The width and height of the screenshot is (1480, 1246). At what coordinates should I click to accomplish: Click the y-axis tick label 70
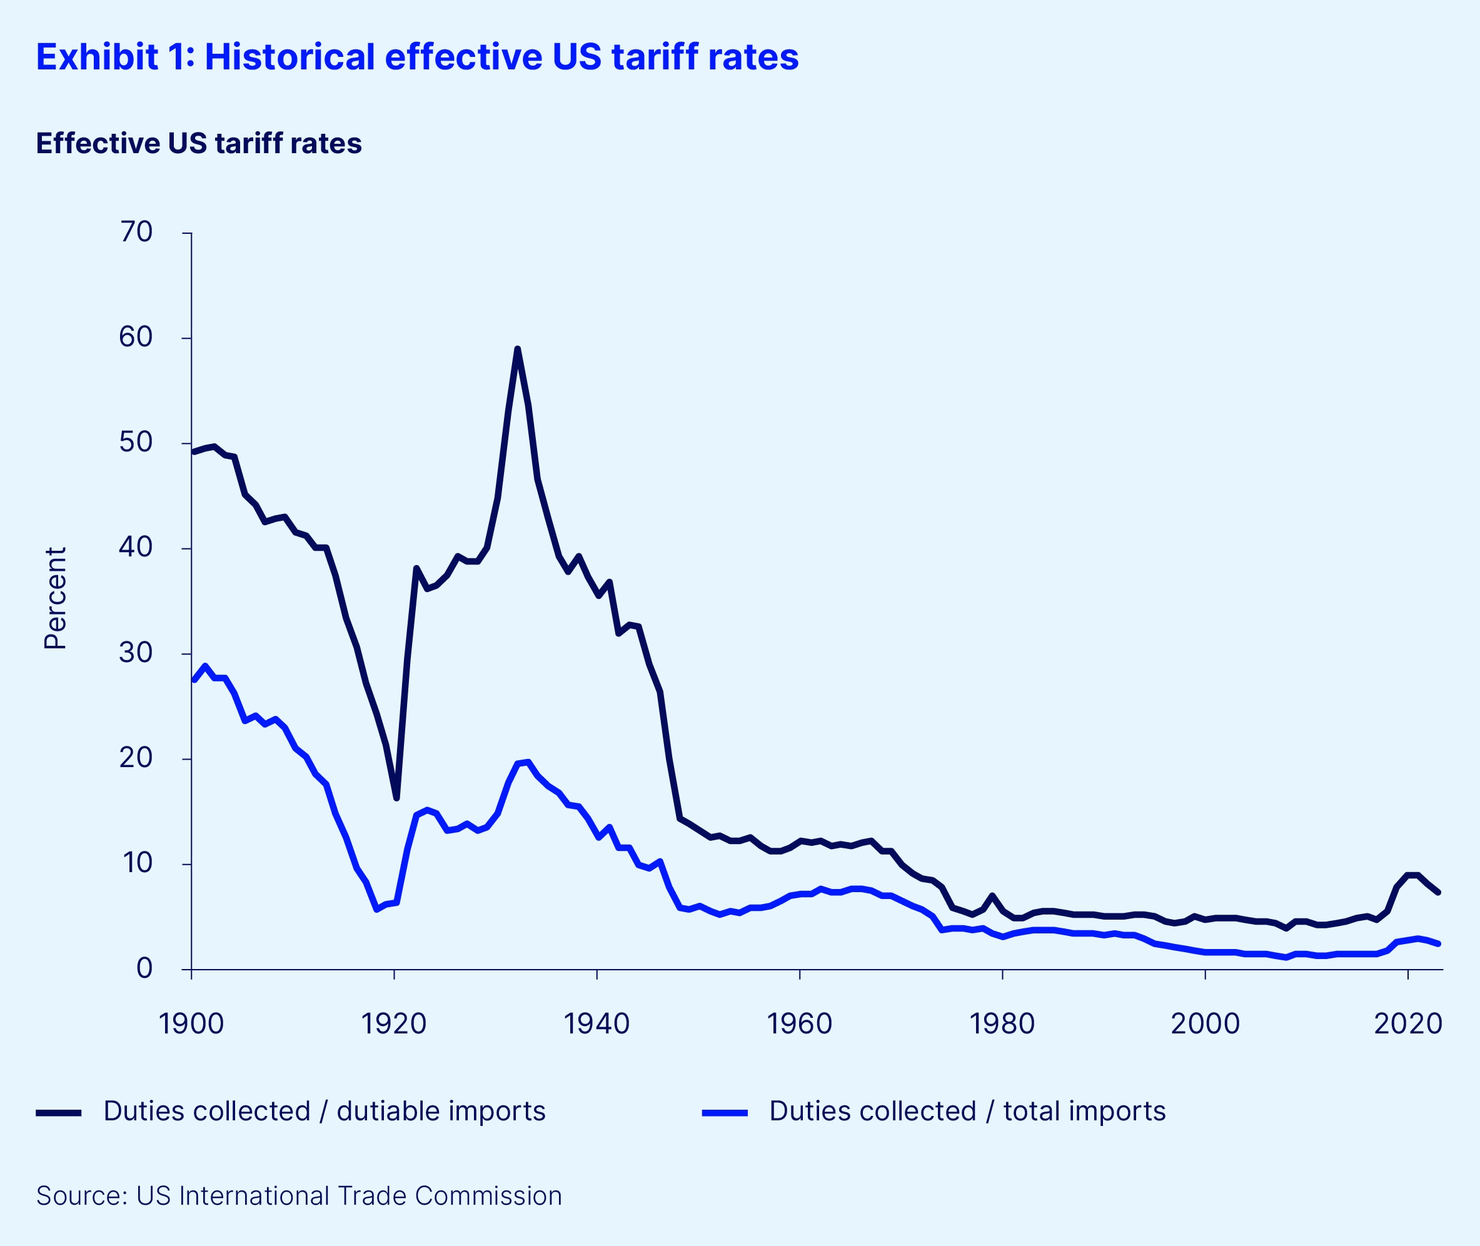pos(136,233)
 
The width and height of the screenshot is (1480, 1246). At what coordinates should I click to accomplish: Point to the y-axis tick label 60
pos(136,338)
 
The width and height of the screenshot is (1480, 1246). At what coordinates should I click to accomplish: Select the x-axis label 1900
pos(191,1023)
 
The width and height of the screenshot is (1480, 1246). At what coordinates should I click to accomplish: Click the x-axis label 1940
pos(597,1023)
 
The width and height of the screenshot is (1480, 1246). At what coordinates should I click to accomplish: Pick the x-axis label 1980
pos(1002,1023)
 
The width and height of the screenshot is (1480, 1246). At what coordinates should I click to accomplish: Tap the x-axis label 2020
pos(1407,1023)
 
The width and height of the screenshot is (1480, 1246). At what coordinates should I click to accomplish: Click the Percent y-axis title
pos(55,598)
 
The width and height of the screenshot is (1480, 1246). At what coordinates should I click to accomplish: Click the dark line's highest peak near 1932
pos(518,349)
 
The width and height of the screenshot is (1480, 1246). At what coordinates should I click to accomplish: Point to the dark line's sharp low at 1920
pos(396,798)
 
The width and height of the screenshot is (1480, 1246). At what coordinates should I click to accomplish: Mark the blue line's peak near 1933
pos(528,762)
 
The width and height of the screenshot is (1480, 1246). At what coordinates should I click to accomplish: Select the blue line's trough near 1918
pos(376,910)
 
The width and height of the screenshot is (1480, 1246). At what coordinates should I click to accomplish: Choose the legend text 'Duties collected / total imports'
pos(967,1112)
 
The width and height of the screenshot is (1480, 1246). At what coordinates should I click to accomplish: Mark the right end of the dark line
pos(1437,893)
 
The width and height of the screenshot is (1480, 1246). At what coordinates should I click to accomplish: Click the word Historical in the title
pos(289,58)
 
